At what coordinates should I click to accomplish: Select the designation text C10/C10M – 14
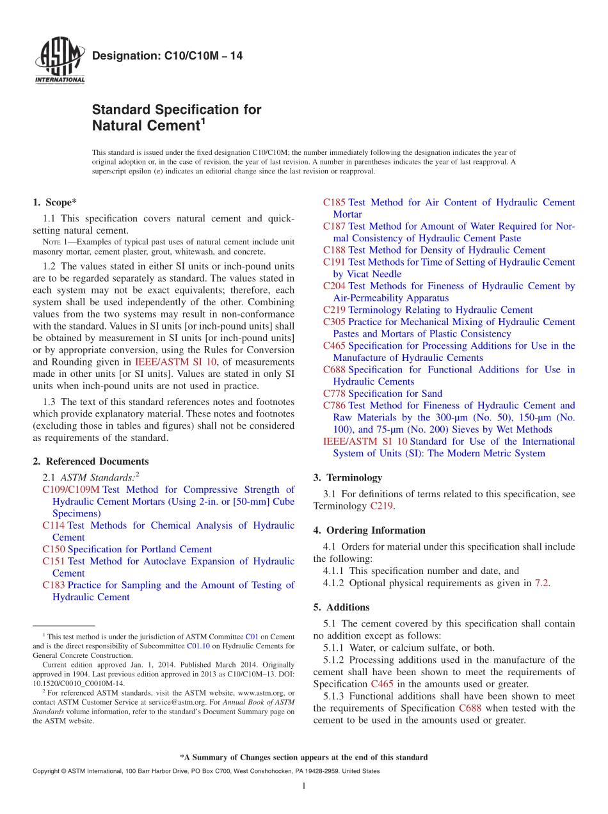167,56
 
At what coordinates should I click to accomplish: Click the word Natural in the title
117,126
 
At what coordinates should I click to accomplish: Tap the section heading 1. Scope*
55,202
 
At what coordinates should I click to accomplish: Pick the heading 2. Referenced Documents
90,461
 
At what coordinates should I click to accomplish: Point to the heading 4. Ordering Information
369,530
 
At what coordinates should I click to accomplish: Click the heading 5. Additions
341,607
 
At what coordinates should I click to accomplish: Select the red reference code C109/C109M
71,490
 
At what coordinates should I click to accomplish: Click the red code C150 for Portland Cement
54,549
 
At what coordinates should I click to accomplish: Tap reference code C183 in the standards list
54,585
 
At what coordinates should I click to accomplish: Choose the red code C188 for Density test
334,250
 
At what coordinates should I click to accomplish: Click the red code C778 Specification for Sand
334,394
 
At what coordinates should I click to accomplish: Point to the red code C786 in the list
334,405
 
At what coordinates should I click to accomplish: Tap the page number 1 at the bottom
304,786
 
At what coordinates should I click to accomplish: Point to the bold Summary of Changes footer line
304,757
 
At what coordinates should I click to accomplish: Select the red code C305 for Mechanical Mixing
334,322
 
